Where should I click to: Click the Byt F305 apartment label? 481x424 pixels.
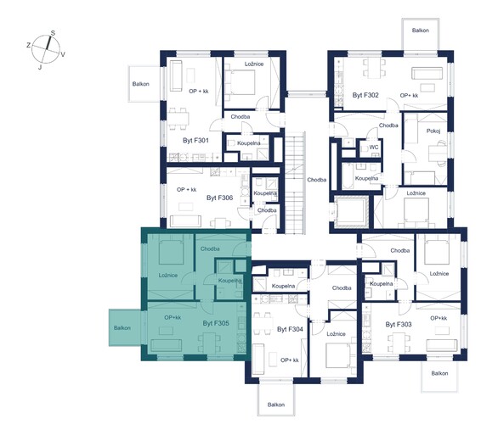pyautogui.click(x=216, y=323)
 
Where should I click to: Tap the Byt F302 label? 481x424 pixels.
pyautogui.click(x=365, y=95)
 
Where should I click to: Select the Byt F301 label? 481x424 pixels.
pyautogui.click(x=195, y=141)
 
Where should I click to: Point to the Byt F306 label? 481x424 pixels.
pyautogui.click(x=219, y=198)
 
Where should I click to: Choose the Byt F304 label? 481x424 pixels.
pyautogui.click(x=290, y=329)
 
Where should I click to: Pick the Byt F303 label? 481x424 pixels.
pyautogui.click(x=399, y=325)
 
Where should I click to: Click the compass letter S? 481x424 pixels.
pyautogui.click(x=53, y=33)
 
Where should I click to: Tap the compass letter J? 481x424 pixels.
pyautogui.click(x=40, y=67)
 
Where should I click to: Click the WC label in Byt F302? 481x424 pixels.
pyautogui.click(x=374, y=148)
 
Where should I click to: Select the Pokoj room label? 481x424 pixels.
pyautogui.click(x=433, y=131)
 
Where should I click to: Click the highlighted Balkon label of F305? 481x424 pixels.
pyautogui.click(x=122, y=328)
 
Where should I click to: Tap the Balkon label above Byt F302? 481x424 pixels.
pyautogui.click(x=421, y=31)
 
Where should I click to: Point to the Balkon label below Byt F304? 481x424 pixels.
pyautogui.click(x=276, y=404)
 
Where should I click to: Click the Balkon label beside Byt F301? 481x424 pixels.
pyautogui.click(x=140, y=84)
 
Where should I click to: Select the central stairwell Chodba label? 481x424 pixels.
pyautogui.click(x=317, y=180)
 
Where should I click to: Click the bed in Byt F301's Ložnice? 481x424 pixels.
pyautogui.click(x=240, y=82)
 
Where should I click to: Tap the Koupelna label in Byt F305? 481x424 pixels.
pyautogui.click(x=229, y=281)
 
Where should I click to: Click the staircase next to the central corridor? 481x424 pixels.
pyautogui.click(x=295, y=183)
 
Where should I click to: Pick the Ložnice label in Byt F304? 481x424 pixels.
pyautogui.click(x=336, y=334)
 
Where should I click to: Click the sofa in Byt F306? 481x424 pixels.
pyautogui.click(x=185, y=221)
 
